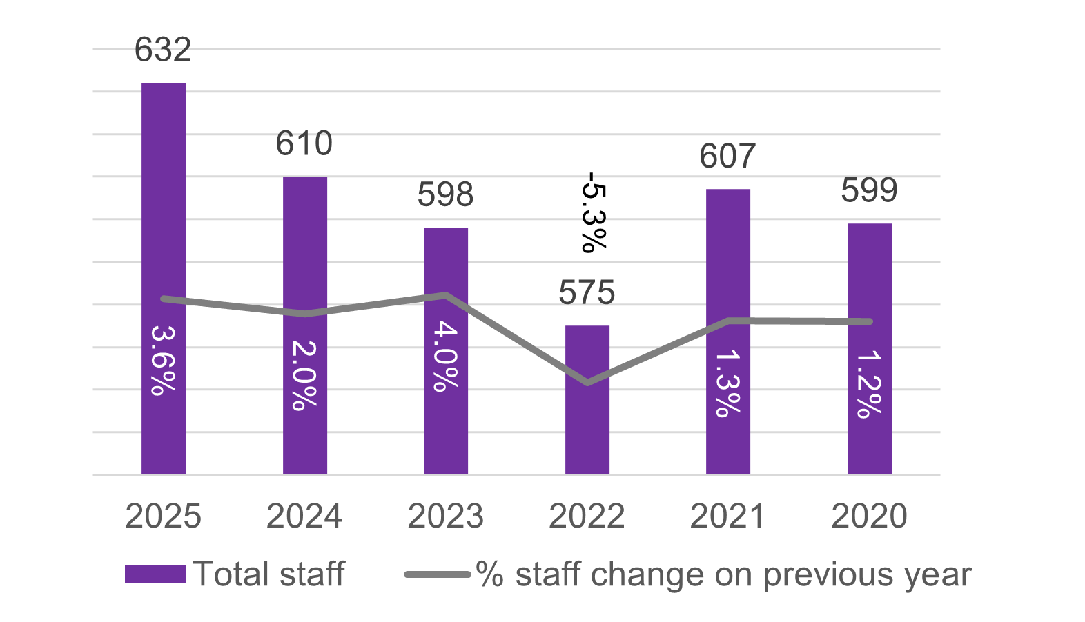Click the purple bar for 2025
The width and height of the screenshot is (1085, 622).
(x=164, y=207)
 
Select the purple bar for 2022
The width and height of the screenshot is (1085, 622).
(x=587, y=428)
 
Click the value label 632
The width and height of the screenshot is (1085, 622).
(x=163, y=50)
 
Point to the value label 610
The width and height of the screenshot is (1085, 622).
(x=304, y=143)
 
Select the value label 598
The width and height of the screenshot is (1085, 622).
(x=446, y=195)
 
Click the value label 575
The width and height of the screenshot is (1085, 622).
(x=587, y=293)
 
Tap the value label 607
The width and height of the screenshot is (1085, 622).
(x=727, y=157)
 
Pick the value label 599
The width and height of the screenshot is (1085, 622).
(x=869, y=190)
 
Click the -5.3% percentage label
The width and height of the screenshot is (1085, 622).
(x=594, y=212)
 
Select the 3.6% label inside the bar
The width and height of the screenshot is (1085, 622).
(x=163, y=360)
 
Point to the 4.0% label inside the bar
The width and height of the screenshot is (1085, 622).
(x=446, y=357)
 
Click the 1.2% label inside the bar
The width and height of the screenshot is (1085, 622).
(x=869, y=384)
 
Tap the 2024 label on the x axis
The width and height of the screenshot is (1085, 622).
(x=304, y=516)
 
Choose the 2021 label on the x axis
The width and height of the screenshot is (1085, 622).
(x=727, y=516)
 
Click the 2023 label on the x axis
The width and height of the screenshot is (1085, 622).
(x=446, y=516)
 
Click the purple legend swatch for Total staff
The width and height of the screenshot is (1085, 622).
(x=155, y=574)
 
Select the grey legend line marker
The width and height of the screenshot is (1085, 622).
(x=438, y=574)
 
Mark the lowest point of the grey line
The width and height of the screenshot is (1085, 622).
(x=587, y=383)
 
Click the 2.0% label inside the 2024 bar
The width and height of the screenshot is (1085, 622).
(x=304, y=376)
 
